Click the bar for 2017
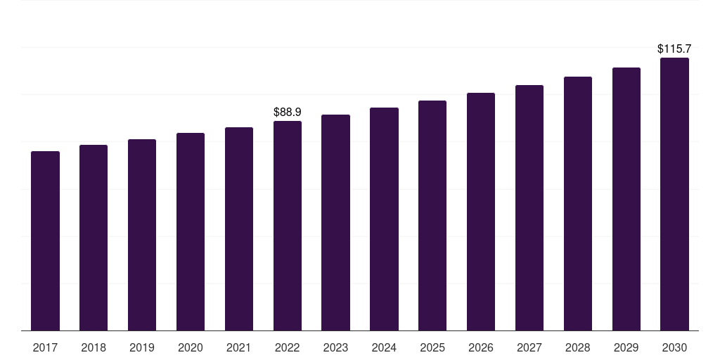[45, 240]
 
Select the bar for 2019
[142, 235]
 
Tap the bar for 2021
[239, 229]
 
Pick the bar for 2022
[288, 226]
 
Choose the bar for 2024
[384, 219]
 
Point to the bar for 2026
[481, 212]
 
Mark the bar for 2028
[578, 203]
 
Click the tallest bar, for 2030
[674, 194]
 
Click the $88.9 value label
[288, 112]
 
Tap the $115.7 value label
[674, 49]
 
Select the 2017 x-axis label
[45, 347]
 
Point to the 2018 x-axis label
[94, 347]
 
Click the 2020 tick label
[191, 347]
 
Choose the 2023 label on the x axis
[335, 347]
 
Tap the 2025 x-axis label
[432, 347]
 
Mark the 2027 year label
[529, 347]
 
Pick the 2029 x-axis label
[626, 347]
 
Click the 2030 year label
[674, 347]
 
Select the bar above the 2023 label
[335, 222]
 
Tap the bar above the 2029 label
[626, 199]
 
